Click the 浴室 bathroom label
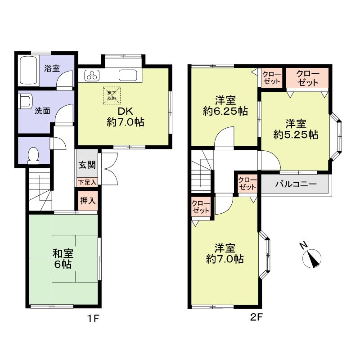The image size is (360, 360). pos(52,69)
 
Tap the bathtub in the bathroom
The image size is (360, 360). pos(29,70)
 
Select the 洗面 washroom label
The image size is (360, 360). pos(42,111)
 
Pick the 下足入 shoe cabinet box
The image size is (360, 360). pos(86,182)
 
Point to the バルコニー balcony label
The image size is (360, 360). pos(295,184)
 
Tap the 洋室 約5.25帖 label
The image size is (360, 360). pos(296,129)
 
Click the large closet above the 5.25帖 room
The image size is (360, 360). pos(308,78)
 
